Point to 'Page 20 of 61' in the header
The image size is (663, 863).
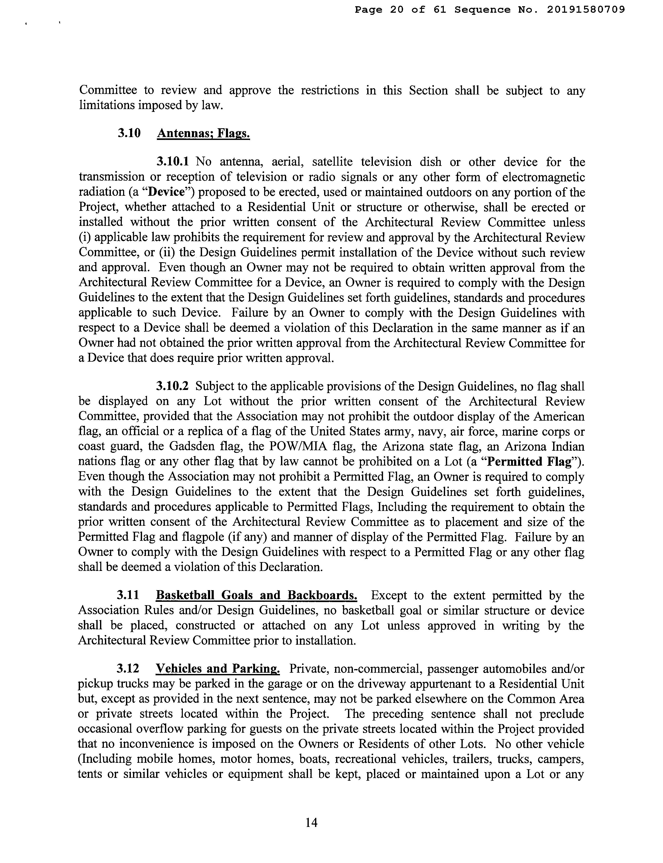coord(400,9)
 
